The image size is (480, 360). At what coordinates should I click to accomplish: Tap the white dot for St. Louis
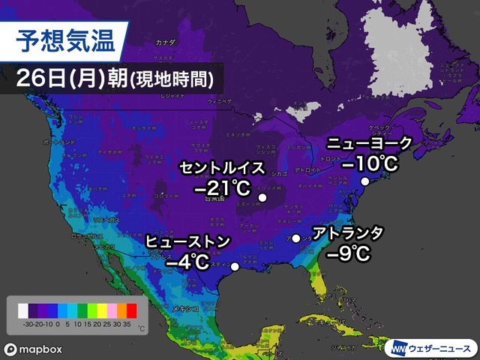click(x=262, y=198)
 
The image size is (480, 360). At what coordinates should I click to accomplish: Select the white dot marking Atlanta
click(x=296, y=238)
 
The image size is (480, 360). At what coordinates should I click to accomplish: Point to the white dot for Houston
click(x=235, y=266)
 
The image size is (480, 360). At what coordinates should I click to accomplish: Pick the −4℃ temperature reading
click(x=187, y=262)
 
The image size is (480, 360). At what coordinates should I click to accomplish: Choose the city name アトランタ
click(x=349, y=233)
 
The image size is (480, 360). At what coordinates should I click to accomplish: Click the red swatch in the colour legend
click(x=132, y=308)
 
